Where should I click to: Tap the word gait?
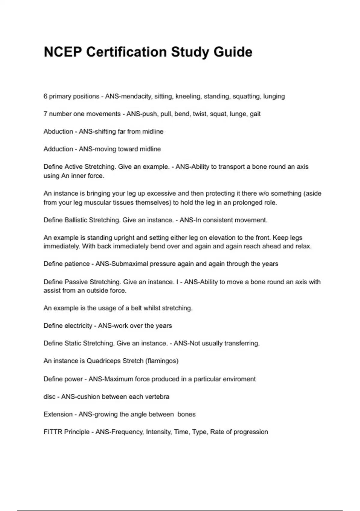[x=255, y=114]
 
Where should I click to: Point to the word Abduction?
[x=58, y=131]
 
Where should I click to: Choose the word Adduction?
[x=58, y=149]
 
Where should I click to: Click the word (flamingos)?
[x=162, y=361]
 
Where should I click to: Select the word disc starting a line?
[x=49, y=397]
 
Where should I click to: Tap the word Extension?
[x=58, y=414]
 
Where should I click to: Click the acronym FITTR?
[x=53, y=432]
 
